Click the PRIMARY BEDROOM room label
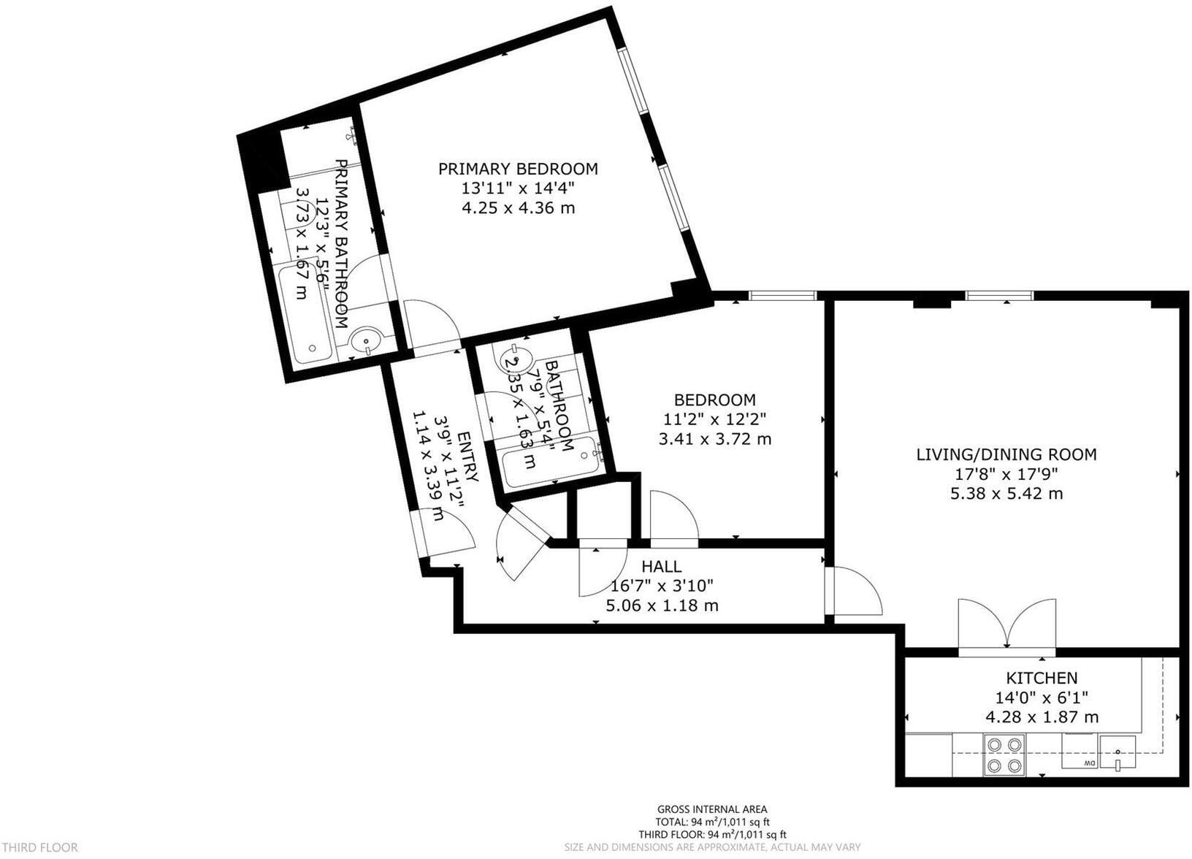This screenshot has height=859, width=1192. [518, 169]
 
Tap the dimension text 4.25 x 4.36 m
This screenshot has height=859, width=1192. [518, 208]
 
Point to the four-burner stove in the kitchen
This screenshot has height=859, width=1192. [1004, 755]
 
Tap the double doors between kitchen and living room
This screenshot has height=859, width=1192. [1006, 625]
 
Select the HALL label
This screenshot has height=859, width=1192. [661, 566]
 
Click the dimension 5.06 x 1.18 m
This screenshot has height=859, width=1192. [662, 606]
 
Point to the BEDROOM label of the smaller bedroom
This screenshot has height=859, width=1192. [714, 400]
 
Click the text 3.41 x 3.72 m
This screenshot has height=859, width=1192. [714, 440]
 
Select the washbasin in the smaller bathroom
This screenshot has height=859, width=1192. [513, 359]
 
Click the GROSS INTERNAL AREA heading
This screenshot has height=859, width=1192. [712, 809]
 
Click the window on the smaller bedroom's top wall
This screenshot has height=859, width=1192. [782, 295]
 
